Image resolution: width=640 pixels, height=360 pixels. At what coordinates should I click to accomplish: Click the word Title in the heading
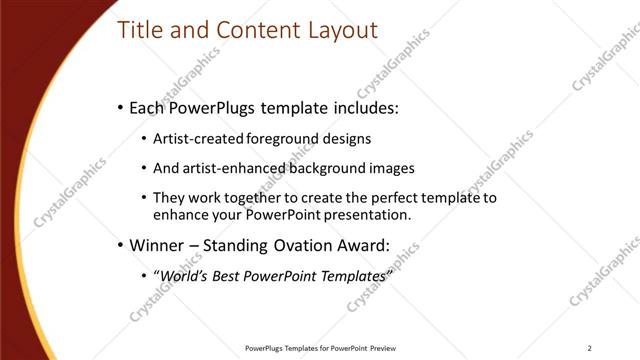(x=141, y=30)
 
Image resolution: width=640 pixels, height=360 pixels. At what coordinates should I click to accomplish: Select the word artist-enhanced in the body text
(x=235, y=169)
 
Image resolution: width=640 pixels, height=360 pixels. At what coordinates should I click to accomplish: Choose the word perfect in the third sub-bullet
(x=400, y=198)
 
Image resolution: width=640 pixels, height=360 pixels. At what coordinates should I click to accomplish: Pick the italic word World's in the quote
(x=186, y=275)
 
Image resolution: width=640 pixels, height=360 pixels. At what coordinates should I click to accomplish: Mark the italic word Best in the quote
(x=233, y=275)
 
